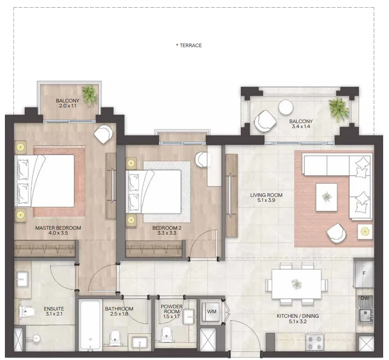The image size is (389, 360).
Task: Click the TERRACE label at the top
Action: pyautogui.click(x=189, y=45)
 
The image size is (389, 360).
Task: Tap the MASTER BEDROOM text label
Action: pyautogui.click(x=58, y=228)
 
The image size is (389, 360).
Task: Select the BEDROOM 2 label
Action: pyautogui.click(x=168, y=228)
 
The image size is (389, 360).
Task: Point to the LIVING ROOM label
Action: pyautogui.click(x=266, y=195)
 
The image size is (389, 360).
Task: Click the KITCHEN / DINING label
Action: pyautogui.click(x=297, y=316)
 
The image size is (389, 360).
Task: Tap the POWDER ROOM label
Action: pyautogui.click(x=172, y=310)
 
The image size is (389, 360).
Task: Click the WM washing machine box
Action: pyautogui.click(x=212, y=311)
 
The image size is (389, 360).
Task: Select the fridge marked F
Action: pyautogui.click(x=364, y=273)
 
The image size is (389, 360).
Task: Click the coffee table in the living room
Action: pyautogui.click(x=327, y=197)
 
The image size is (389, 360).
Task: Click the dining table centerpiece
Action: pyautogui.click(x=296, y=284)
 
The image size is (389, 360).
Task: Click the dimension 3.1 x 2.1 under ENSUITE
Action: pyautogui.click(x=54, y=315)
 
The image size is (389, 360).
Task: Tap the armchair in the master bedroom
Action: pyautogui.click(x=103, y=133)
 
